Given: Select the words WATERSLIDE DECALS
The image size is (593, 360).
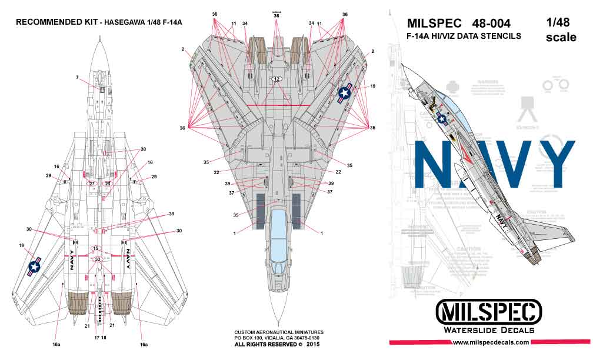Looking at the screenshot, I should pyautogui.click(x=489, y=330).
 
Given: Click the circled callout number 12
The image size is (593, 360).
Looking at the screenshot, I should pyautogui.click(x=276, y=79).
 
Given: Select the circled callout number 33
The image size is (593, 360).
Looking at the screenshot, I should pyautogui.click(x=98, y=259).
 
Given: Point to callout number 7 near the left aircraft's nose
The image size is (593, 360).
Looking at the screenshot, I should pyautogui.click(x=76, y=78).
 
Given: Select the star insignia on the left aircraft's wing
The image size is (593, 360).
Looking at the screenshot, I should pyautogui.click(x=35, y=266).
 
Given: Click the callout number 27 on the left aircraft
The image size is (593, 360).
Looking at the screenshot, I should pyautogui.click(x=92, y=184).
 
